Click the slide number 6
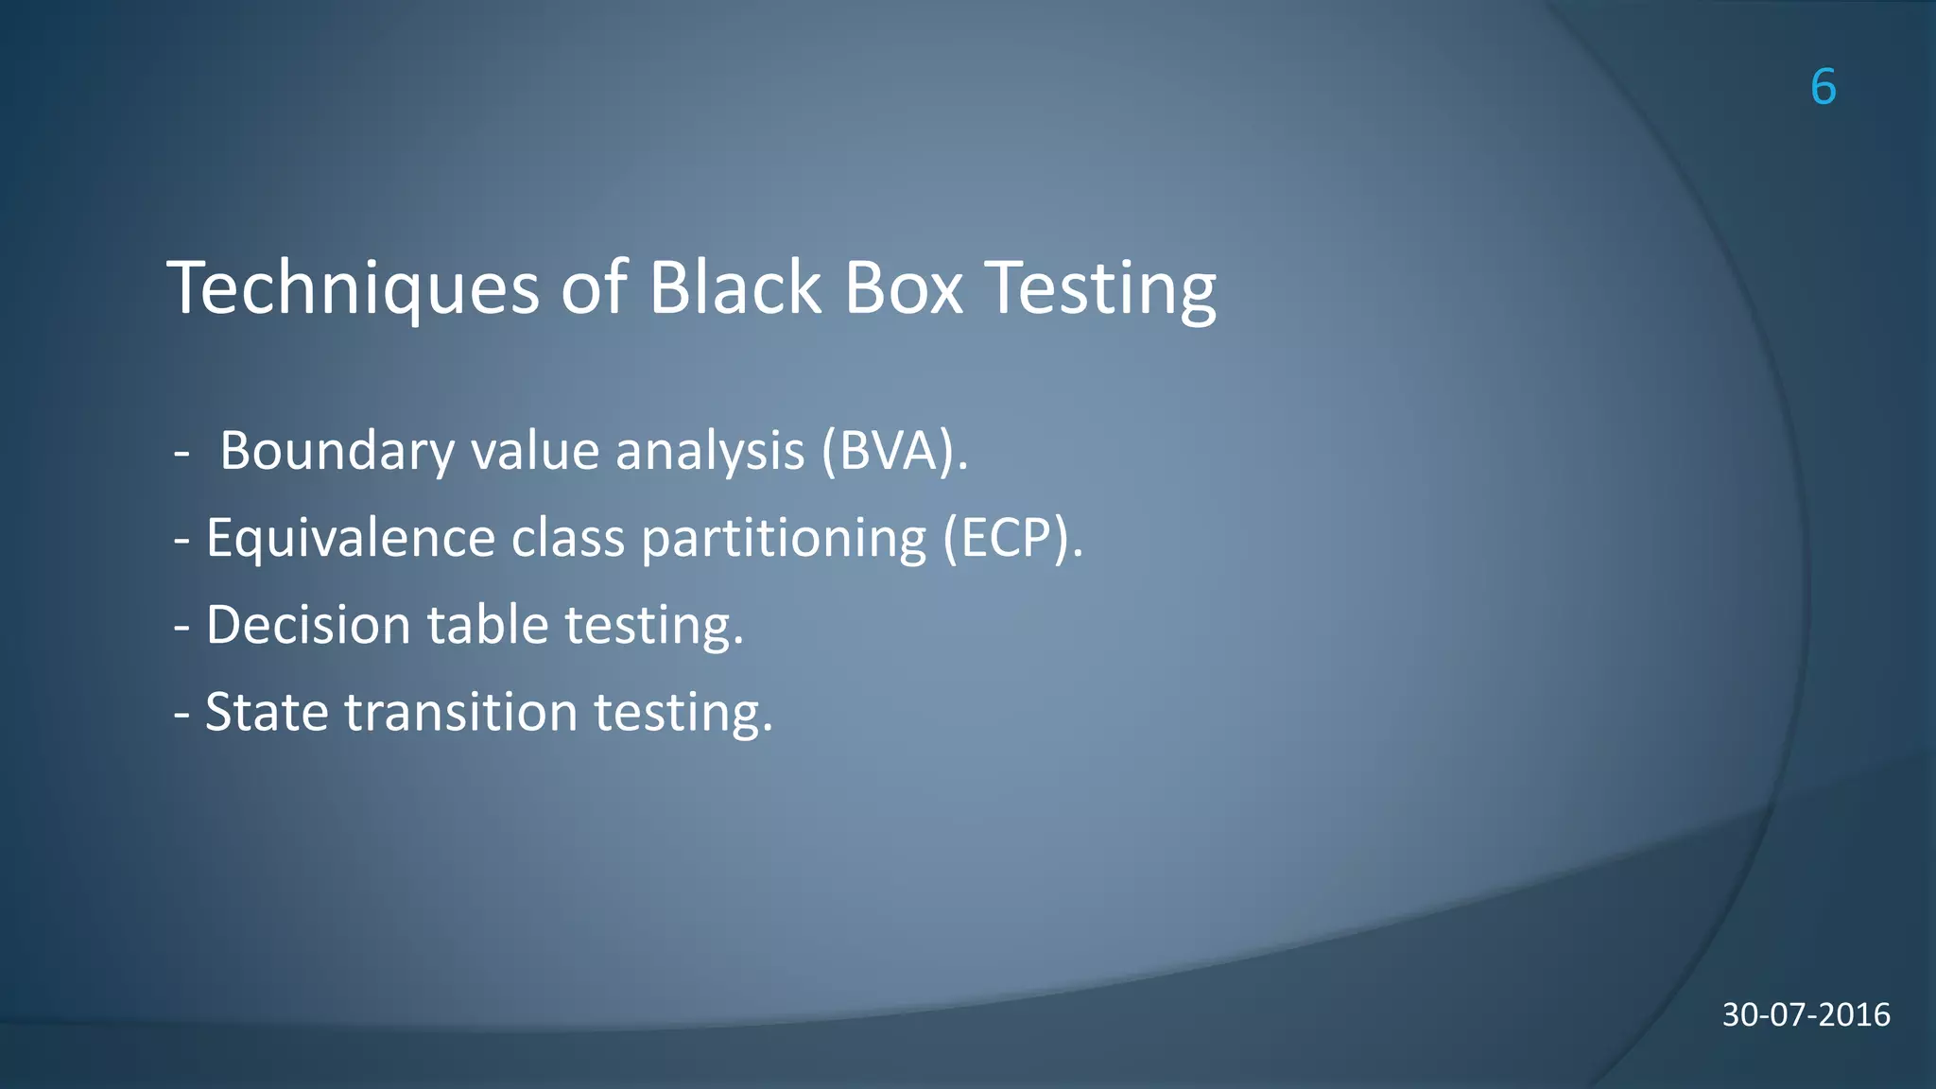coord(1823,87)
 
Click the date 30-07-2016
coord(1806,1014)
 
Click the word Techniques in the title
coord(353,287)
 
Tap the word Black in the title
coord(735,287)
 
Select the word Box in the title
coord(903,287)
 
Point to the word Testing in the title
coord(1100,287)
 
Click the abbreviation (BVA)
coord(893,451)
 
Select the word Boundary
coord(337,451)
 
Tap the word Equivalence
coord(350,538)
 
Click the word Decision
coord(308,625)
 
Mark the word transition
coord(460,712)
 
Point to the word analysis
coord(710,451)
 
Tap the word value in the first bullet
coord(535,451)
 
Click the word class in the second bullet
coord(567,538)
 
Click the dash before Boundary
coord(182,454)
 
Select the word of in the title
coord(594,287)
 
